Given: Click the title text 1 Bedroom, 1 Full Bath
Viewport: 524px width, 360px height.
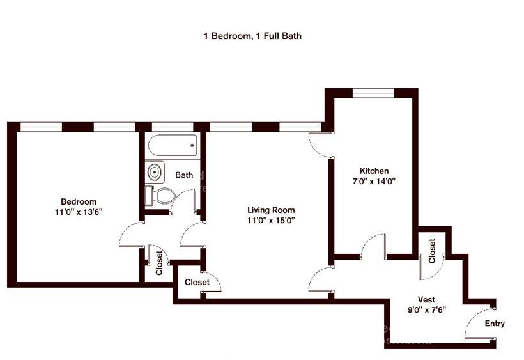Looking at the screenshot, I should [252, 36].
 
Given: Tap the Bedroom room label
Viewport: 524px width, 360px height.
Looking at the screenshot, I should [79, 201].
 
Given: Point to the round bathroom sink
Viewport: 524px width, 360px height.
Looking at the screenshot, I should [155, 172].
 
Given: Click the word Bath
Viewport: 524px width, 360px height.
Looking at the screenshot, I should [185, 175].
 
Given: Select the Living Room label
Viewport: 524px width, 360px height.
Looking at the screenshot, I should [271, 210].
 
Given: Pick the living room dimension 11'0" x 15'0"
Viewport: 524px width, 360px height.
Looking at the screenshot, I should [271, 221].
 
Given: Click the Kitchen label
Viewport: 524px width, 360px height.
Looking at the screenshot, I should [374, 171].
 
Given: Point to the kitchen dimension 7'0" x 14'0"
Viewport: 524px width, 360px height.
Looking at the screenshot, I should [374, 181].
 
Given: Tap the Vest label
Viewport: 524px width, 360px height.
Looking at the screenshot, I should [426, 299].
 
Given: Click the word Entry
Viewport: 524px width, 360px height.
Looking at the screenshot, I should [494, 324].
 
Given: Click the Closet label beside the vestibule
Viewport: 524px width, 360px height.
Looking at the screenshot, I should [432, 251].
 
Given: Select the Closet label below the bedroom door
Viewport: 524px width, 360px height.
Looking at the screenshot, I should [158, 262].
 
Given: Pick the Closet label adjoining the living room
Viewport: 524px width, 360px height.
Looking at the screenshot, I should [197, 282].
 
